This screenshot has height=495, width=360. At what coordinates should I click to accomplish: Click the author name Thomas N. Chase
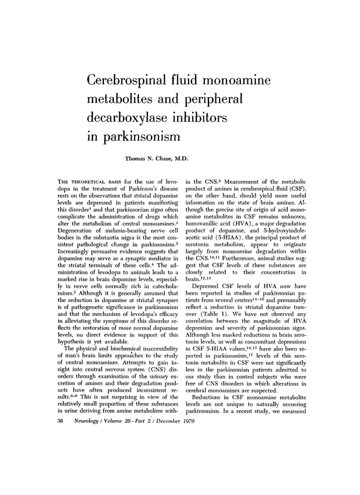152,157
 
